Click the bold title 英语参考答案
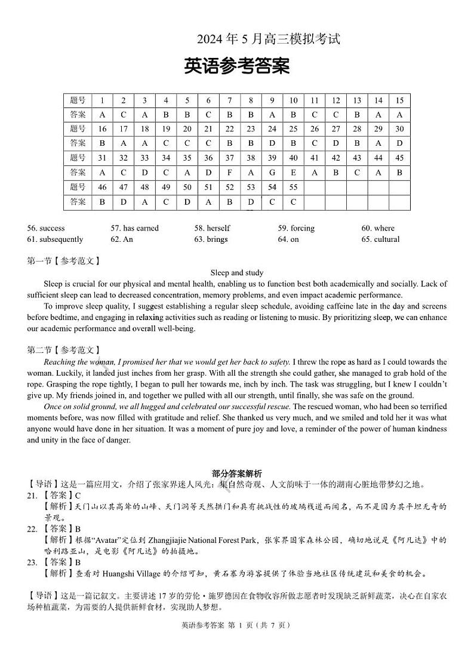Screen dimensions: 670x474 tap(237, 66)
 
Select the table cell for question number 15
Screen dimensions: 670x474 tap(399, 100)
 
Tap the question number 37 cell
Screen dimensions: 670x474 tap(229, 158)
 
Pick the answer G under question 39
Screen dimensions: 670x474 tap(272, 173)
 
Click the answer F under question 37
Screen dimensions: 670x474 tap(229, 173)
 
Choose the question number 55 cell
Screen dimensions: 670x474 tap(293, 188)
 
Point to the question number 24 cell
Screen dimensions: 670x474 tap(272, 129)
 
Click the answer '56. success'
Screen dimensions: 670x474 tap(46, 228)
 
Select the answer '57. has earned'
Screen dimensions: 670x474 tap(134, 228)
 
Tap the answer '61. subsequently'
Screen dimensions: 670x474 tap(55, 239)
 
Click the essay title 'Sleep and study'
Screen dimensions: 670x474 tap(237, 273)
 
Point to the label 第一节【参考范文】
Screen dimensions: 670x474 tap(63, 261)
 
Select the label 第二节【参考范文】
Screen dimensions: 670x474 tap(63, 350)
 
